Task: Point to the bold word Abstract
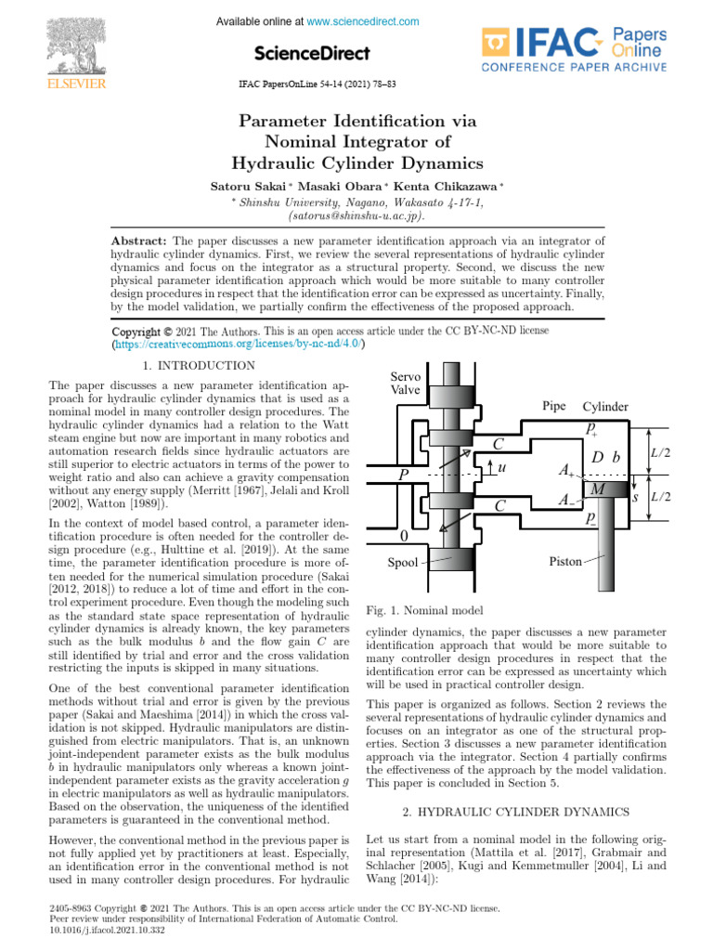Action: pos(139,241)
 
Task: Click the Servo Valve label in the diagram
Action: pos(406,384)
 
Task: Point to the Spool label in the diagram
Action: pos(403,563)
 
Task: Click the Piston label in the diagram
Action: pos(566,562)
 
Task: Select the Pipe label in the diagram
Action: pos(554,407)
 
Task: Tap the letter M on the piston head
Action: pos(599,489)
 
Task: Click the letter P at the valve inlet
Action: pos(404,474)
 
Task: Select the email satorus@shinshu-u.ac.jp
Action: pos(356,215)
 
